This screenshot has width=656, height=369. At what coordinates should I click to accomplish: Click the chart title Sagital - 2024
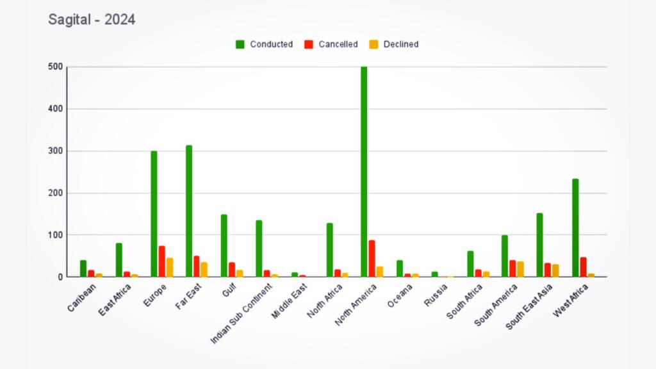pyautogui.click(x=92, y=20)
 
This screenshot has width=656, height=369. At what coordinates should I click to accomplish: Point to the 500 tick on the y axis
pyautogui.click(x=55, y=67)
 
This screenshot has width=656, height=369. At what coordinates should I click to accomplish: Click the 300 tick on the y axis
pyautogui.click(x=55, y=151)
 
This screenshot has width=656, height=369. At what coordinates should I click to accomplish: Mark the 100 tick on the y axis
pyautogui.click(x=55, y=235)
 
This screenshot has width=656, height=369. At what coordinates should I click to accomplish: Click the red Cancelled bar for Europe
pyautogui.click(x=162, y=261)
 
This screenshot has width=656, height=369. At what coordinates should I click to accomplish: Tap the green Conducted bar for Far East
pyautogui.click(x=189, y=211)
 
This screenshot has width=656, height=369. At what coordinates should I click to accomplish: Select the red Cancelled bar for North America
pyautogui.click(x=372, y=259)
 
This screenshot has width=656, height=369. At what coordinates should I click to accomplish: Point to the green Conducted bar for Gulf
pyautogui.click(x=224, y=246)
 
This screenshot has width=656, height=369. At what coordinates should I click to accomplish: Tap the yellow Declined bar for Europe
pyautogui.click(x=170, y=267)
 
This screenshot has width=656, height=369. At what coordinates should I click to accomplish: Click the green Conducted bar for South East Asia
pyautogui.click(x=540, y=245)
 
